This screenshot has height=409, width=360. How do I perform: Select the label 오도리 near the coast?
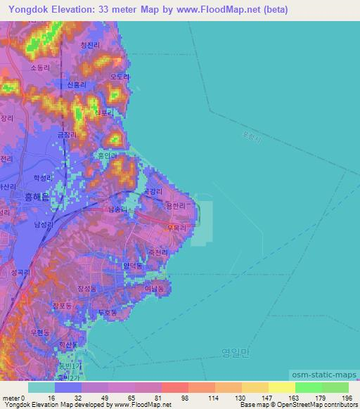click(x=120, y=77)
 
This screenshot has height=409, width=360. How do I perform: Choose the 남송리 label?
click(x=117, y=209)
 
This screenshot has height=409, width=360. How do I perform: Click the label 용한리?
click(x=174, y=205)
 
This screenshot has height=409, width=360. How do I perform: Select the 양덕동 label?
click(x=132, y=266)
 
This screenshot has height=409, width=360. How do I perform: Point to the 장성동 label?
click(x=87, y=288)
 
